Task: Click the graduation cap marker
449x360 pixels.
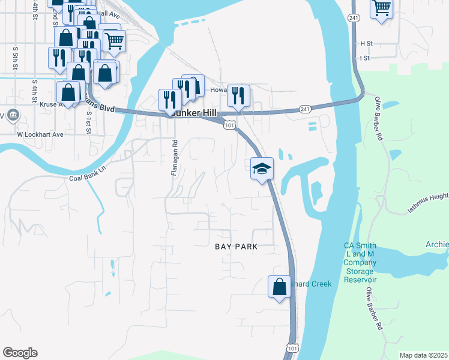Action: point(262,168)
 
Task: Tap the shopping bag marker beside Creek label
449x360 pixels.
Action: point(279,286)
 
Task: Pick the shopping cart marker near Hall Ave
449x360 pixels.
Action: point(113,41)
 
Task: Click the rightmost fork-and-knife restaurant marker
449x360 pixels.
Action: point(238,96)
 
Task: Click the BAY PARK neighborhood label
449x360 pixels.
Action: point(236,247)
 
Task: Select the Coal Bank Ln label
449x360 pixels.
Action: point(87,178)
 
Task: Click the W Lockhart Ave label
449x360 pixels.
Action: point(40,134)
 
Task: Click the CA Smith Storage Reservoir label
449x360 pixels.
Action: point(360,263)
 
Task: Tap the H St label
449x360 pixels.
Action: point(366,44)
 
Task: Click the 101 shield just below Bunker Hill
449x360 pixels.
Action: point(230,125)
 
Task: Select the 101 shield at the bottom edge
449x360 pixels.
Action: point(292,348)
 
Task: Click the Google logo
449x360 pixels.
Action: point(20,353)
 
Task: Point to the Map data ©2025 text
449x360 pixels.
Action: point(423,355)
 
